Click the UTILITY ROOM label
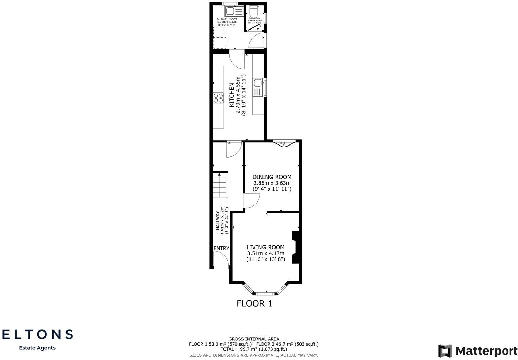coord(227,19)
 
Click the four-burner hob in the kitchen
coord(218,98)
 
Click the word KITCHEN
coord(232,95)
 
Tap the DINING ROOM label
coord(272,177)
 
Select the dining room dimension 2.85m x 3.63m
coord(272,183)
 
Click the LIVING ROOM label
coord(266,247)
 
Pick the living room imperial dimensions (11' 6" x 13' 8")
coord(266,259)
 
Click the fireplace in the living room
coord(296,247)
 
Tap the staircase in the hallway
coord(220,185)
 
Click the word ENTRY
coord(221,248)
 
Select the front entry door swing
coord(221,260)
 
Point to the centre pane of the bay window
coord(266,293)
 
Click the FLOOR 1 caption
coord(254,303)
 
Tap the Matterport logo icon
coord(445,351)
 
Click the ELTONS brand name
coord(38,334)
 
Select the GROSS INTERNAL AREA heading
coord(254,339)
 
